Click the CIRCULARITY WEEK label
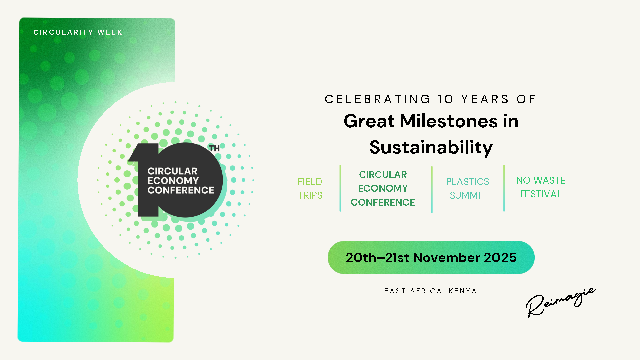[78, 32]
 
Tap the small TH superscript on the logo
[214, 148]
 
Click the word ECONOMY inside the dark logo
[173, 181]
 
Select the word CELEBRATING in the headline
[378, 99]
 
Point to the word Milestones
[449, 121]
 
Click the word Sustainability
[431, 147]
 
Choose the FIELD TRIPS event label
[310, 188]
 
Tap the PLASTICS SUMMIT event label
[468, 188]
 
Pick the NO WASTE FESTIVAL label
[541, 187]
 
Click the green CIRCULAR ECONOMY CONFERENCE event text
[383, 188]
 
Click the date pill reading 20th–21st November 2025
[431, 258]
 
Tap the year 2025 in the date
[500, 258]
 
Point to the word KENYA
[463, 291]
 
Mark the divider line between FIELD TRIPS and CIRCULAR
[340, 188]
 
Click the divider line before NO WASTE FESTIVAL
[504, 188]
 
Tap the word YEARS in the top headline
[485, 99]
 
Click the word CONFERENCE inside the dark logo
[181, 190]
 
